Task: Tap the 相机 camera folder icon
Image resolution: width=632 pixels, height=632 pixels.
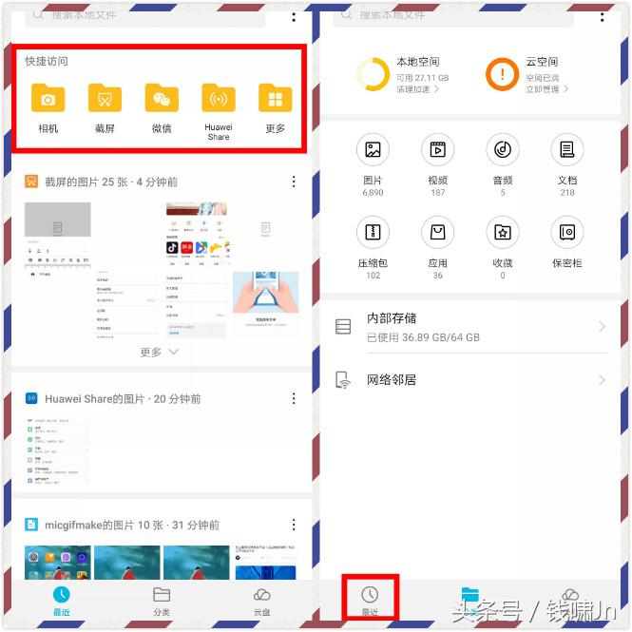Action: coord(48,98)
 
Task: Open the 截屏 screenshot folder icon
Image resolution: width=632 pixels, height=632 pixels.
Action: coord(105,98)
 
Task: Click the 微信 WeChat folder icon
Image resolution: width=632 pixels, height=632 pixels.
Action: coord(162,98)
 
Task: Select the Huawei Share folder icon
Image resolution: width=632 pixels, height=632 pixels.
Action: coord(219,98)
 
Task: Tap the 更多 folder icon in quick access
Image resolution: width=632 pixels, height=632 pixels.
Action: coord(276,98)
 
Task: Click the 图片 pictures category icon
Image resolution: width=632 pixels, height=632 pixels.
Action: coord(373,149)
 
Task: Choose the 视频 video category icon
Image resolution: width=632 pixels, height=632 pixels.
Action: coord(437,149)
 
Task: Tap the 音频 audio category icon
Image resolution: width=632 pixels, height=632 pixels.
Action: coord(503,149)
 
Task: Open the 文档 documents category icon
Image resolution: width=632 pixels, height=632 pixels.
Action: coord(567,149)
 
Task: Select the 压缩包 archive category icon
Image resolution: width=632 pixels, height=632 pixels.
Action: coord(373,232)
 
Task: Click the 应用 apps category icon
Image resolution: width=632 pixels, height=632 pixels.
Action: coord(437,232)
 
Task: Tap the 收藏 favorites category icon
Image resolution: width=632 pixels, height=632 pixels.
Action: coord(503,232)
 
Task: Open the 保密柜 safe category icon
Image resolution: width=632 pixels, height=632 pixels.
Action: coord(567,232)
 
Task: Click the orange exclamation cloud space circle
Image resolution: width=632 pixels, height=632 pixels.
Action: coord(502,74)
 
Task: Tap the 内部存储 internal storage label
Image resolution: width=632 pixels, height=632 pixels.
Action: coord(392,318)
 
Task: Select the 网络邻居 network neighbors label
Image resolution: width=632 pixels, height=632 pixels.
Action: coord(392,380)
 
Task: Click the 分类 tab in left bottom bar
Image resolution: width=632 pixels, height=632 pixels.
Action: coord(162,600)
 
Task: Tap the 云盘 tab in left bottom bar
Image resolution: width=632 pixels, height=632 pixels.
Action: coord(261,600)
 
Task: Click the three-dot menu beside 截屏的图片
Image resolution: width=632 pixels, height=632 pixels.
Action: coord(294,182)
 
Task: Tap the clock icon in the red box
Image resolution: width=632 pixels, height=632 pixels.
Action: coord(370,594)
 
